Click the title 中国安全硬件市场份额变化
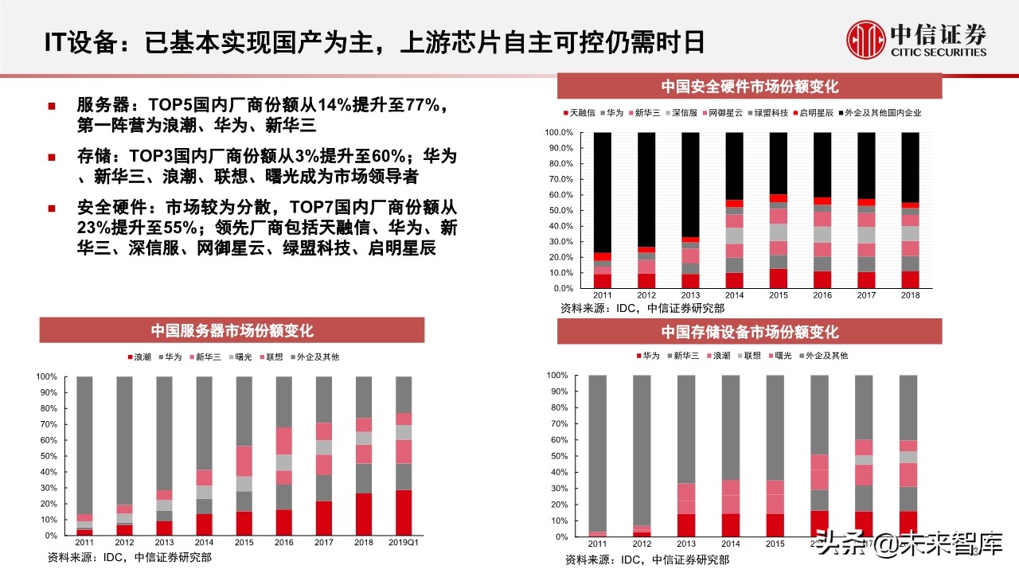point(749,87)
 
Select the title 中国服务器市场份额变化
point(232,330)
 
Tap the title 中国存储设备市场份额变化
point(749,331)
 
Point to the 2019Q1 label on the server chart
point(404,542)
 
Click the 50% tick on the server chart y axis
point(47,456)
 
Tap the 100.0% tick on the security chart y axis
point(560,133)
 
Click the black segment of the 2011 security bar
point(603,192)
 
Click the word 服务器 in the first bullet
point(101,105)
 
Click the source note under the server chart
point(130,557)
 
